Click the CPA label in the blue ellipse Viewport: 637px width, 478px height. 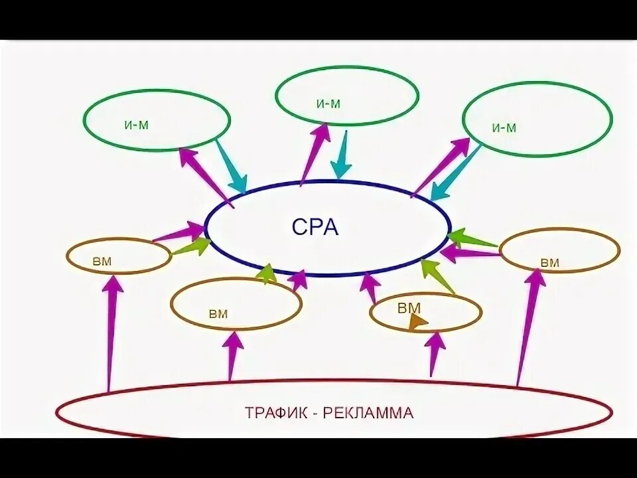[315, 228]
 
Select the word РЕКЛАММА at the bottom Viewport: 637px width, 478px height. [368, 413]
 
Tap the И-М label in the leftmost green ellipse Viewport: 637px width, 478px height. [136, 124]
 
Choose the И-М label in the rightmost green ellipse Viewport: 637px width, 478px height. [504, 128]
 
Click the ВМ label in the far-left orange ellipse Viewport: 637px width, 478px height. [103, 261]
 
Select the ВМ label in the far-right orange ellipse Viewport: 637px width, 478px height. [549, 263]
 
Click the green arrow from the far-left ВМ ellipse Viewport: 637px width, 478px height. [191, 247]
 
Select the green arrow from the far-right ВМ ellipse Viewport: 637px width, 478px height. [472, 240]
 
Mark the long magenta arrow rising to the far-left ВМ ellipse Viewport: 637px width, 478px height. [112, 332]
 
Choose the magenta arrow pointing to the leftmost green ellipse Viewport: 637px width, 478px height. [206, 176]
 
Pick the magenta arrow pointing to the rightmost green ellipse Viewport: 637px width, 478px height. [442, 165]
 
